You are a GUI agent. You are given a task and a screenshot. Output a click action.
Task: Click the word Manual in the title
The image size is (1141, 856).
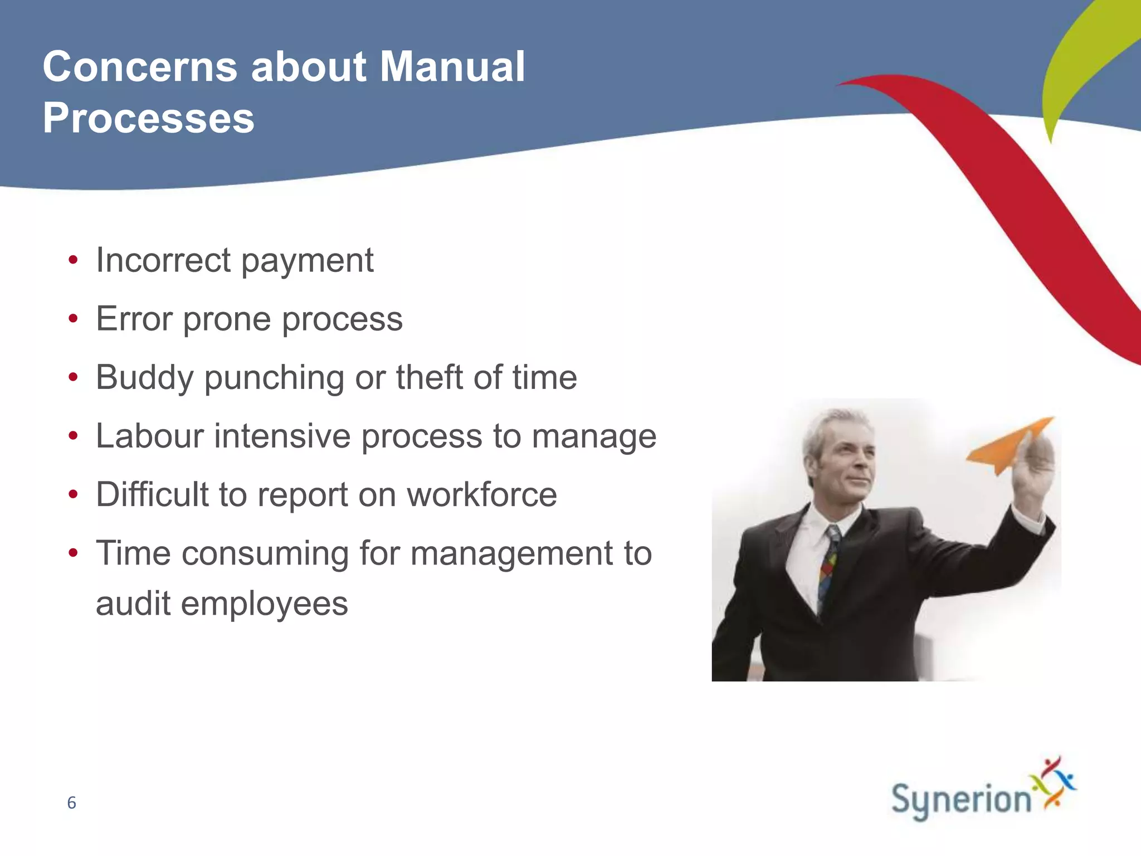452,67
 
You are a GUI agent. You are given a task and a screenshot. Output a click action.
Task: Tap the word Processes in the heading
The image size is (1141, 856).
148,118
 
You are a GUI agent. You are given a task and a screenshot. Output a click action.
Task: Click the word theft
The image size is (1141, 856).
429,377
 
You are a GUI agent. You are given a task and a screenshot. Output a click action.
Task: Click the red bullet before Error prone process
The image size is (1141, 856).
73,319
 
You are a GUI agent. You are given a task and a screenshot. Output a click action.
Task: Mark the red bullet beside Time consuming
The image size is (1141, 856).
73,553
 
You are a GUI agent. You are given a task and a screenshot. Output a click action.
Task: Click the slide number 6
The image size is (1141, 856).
71,802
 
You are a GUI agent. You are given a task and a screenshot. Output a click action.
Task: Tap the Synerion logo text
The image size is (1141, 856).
961,800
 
